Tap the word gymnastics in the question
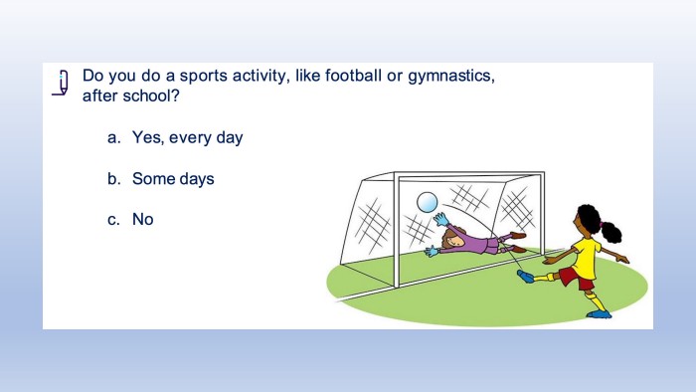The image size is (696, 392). [450, 77]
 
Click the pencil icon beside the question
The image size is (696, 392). [61, 83]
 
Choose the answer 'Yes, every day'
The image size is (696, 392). [187, 137]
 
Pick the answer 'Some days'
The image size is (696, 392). [173, 178]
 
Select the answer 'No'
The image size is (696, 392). [143, 219]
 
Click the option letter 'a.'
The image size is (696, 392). [113, 138]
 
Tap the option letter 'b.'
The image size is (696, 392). [113, 178]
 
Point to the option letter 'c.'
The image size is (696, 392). [113, 220]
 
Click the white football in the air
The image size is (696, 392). [427, 202]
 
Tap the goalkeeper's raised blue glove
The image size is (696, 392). [440, 219]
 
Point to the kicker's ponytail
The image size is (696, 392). [611, 232]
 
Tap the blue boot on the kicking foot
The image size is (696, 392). [526, 277]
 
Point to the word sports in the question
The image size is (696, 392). [204, 77]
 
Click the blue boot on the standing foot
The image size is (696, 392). [600, 314]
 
